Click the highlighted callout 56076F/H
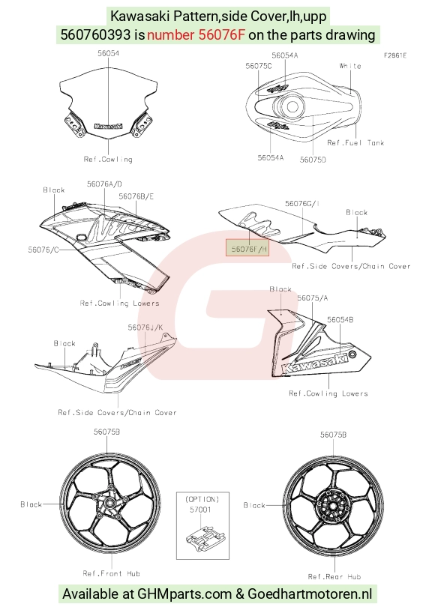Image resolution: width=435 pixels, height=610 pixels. [247, 249]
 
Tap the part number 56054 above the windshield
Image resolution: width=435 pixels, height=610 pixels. [108, 53]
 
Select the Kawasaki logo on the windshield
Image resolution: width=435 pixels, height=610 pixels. [108, 126]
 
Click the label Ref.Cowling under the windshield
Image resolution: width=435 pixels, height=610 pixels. [108, 159]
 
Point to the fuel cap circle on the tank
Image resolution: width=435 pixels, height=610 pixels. [292, 106]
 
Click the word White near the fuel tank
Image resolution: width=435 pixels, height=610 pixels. [350, 66]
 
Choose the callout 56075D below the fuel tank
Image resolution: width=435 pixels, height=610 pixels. [313, 160]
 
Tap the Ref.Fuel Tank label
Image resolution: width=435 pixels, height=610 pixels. [355, 143]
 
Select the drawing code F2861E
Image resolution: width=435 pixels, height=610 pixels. [395, 55]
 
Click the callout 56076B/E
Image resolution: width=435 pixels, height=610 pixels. [136, 196]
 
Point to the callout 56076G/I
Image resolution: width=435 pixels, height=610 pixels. [302, 204]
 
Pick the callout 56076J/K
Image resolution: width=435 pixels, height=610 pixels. [145, 327]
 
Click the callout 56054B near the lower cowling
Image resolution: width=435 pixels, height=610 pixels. [340, 320]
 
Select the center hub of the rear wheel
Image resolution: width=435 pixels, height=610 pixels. [333, 506]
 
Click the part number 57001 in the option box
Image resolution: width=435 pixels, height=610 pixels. [200, 510]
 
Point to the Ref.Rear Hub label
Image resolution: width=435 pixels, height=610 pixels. [334, 576]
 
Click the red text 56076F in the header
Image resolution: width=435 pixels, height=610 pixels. [222, 35]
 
